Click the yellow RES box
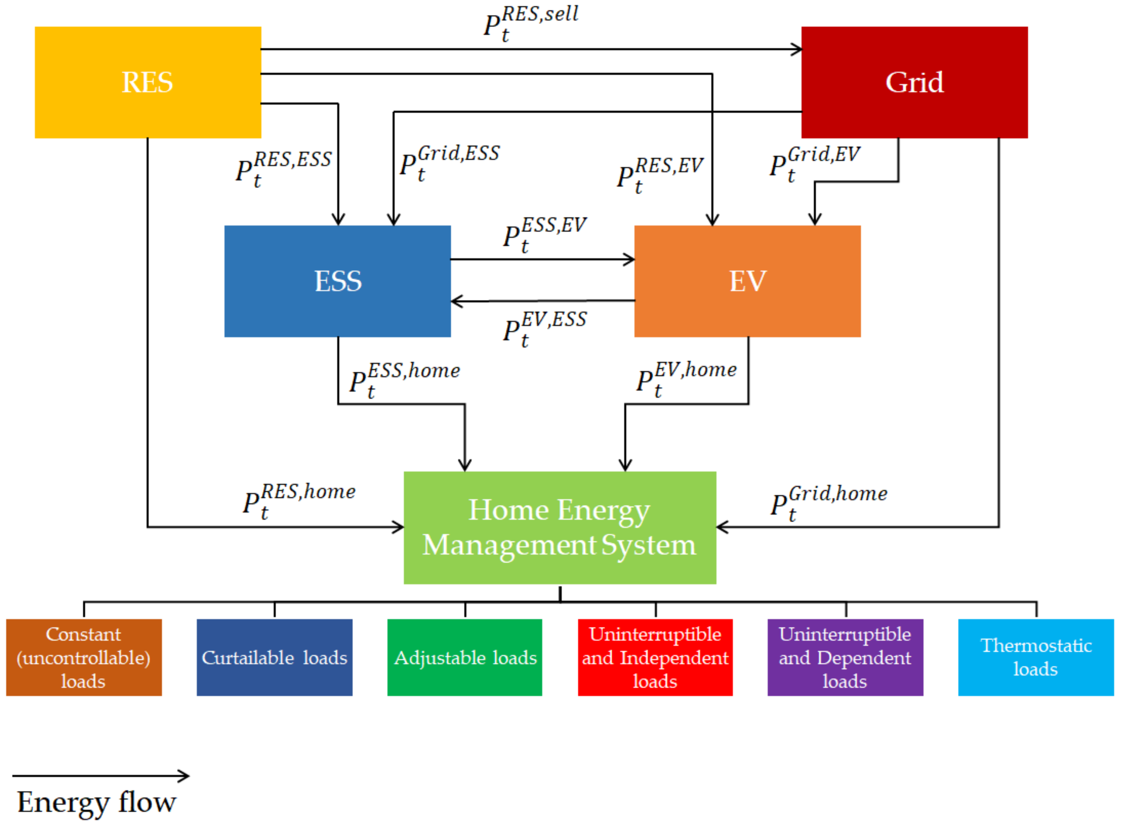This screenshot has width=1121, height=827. click(x=148, y=83)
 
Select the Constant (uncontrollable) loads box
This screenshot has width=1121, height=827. click(x=84, y=657)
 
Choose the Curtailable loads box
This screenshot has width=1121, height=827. click(x=274, y=657)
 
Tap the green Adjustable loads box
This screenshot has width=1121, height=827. click(x=465, y=657)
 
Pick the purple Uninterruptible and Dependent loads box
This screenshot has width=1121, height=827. click(x=845, y=657)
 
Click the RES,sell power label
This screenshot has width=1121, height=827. click(x=531, y=23)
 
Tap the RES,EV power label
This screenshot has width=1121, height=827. click(x=659, y=174)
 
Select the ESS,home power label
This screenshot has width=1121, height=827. click(x=404, y=379)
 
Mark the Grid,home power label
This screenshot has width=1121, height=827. click(x=829, y=502)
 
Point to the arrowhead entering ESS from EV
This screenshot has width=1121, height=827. click(x=456, y=301)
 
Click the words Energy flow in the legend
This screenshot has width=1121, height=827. click(x=97, y=802)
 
